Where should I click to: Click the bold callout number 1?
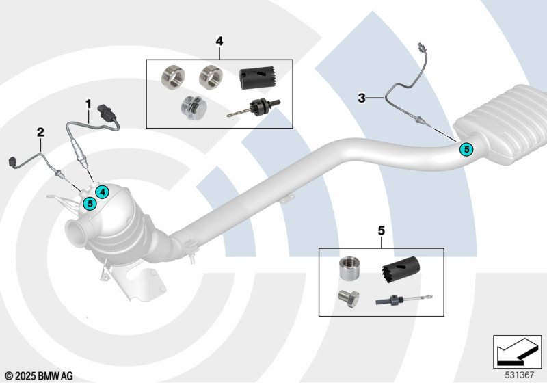click(x=89, y=104)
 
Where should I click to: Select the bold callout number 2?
click(x=40, y=133)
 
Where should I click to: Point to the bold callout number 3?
click(x=362, y=98)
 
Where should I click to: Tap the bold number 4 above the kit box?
click(x=219, y=41)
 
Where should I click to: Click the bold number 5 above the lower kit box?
click(x=382, y=230)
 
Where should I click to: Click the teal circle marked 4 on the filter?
click(x=102, y=192)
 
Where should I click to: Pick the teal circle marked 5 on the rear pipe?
click(x=466, y=149)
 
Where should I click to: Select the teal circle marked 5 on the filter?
click(x=90, y=203)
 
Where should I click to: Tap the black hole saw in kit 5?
click(x=401, y=267)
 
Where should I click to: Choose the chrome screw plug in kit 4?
click(x=194, y=107)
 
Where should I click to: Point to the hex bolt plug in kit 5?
click(x=349, y=299)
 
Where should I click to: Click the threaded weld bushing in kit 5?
click(x=349, y=269)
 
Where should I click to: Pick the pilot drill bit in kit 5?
click(x=404, y=300)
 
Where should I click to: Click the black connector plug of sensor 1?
click(x=107, y=112)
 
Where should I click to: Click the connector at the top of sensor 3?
click(x=421, y=47)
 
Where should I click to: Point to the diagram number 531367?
click(x=520, y=375)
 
